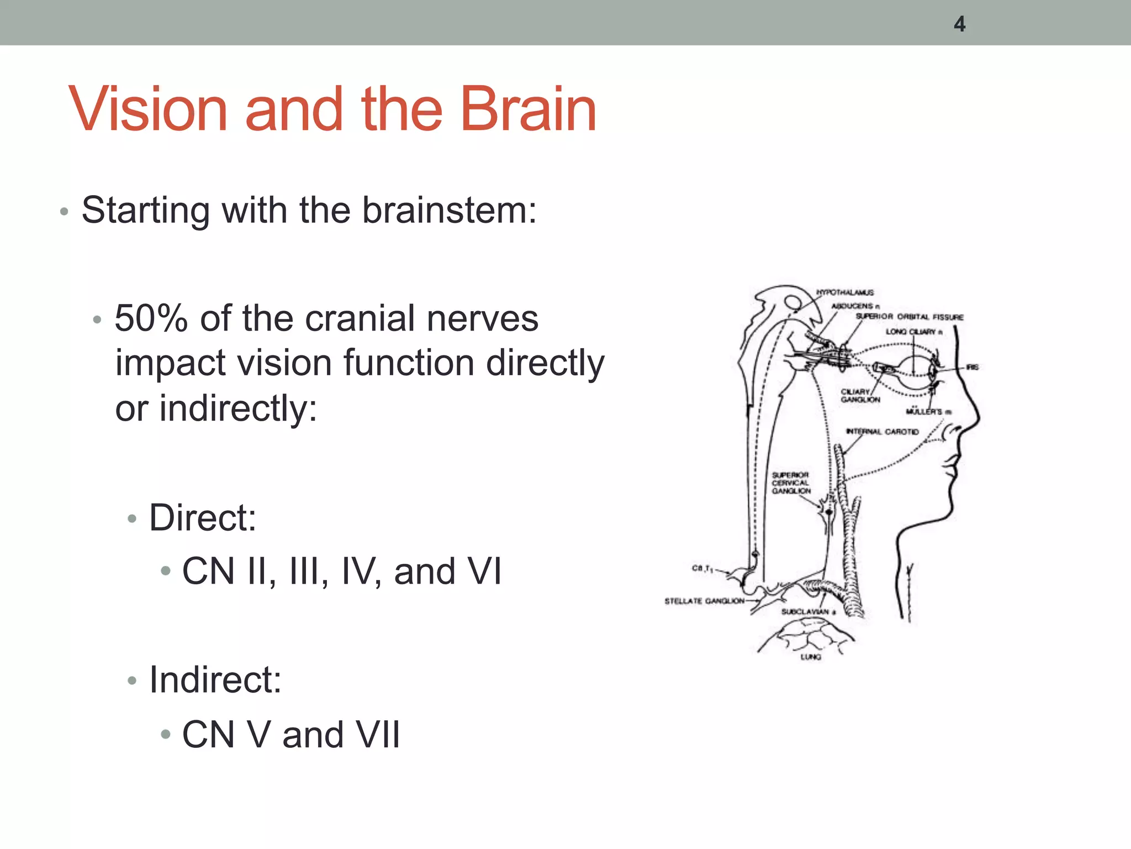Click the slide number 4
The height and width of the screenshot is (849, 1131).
[x=959, y=24]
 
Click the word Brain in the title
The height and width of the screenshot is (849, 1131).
[x=528, y=110]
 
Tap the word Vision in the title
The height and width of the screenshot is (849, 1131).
[x=148, y=110]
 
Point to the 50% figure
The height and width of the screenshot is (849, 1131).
[x=151, y=319]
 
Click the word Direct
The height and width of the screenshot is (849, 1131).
[x=203, y=518]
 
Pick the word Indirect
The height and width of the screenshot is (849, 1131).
[x=215, y=680]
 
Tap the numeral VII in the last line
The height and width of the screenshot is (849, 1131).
[x=378, y=735]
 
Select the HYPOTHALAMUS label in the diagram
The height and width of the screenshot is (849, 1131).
[x=845, y=292]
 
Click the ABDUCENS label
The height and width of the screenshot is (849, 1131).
[x=855, y=306]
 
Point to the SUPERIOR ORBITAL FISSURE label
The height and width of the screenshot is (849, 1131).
[x=910, y=317]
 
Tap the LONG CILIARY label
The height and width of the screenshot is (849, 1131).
[x=913, y=332]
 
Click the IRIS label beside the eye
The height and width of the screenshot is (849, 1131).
[x=972, y=367]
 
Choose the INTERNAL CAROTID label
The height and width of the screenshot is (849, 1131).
[x=882, y=431]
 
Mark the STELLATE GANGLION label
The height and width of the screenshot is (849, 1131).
[x=704, y=601]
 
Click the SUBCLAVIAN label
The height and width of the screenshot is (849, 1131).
[x=808, y=611]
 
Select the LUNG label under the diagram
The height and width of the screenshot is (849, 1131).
[x=811, y=657]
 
